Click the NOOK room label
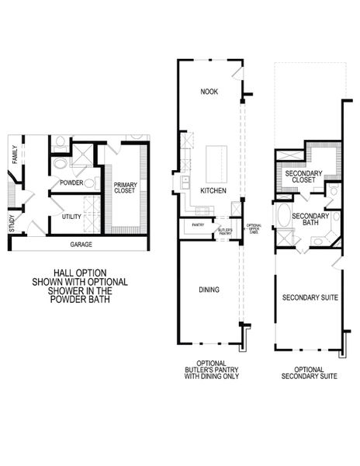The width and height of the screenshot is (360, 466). tap(209, 91)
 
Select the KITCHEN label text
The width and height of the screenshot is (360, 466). tap(213, 190)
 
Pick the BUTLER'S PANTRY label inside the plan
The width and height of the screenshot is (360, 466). tap(224, 230)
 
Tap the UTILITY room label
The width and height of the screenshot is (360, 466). tap(72, 217)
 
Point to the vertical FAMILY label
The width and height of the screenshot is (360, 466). tap(15, 155)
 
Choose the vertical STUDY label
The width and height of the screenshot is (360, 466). tap(12, 224)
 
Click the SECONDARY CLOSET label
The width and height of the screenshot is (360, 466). tap(299, 176)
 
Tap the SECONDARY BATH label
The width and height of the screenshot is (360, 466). tap(310, 220)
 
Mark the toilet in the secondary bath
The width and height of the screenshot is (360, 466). tap(332, 191)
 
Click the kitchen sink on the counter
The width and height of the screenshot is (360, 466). tap(186, 183)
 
